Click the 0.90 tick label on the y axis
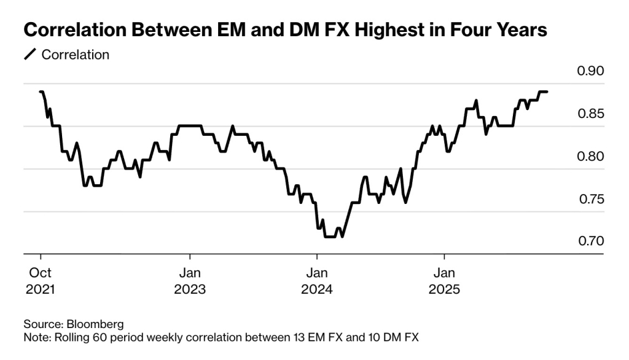tap(591, 71)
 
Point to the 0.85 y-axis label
tap(591, 114)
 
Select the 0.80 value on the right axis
tap(591, 157)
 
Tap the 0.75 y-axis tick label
tap(591, 200)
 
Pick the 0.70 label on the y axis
tap(591, 241)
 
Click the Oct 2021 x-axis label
tap(41, 280)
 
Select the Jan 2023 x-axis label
tap(190, 280)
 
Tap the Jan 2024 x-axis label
tap(317, 280)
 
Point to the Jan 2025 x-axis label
tap(444, 280)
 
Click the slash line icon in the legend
tap(29, 55)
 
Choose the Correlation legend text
tap(75, 55)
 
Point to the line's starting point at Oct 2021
tap(41, 92)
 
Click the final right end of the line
tap(547, 92)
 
